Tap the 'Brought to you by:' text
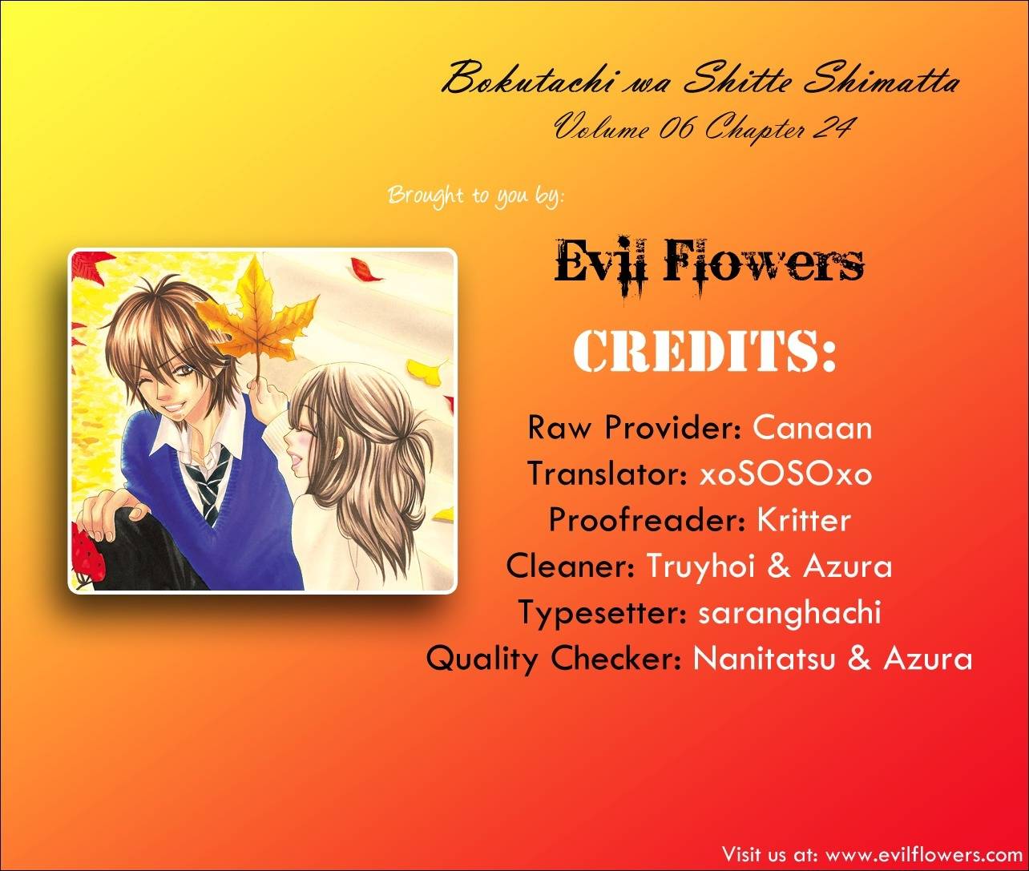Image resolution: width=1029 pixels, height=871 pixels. (475, 196)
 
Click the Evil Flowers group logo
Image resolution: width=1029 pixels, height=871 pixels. (709, 268)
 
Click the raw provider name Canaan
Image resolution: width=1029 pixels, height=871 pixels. (812, 428)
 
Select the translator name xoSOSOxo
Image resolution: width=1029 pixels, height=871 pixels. (785, 474)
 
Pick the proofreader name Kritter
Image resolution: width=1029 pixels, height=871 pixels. (804, 519)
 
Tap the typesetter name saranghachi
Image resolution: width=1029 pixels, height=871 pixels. (789, 612)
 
